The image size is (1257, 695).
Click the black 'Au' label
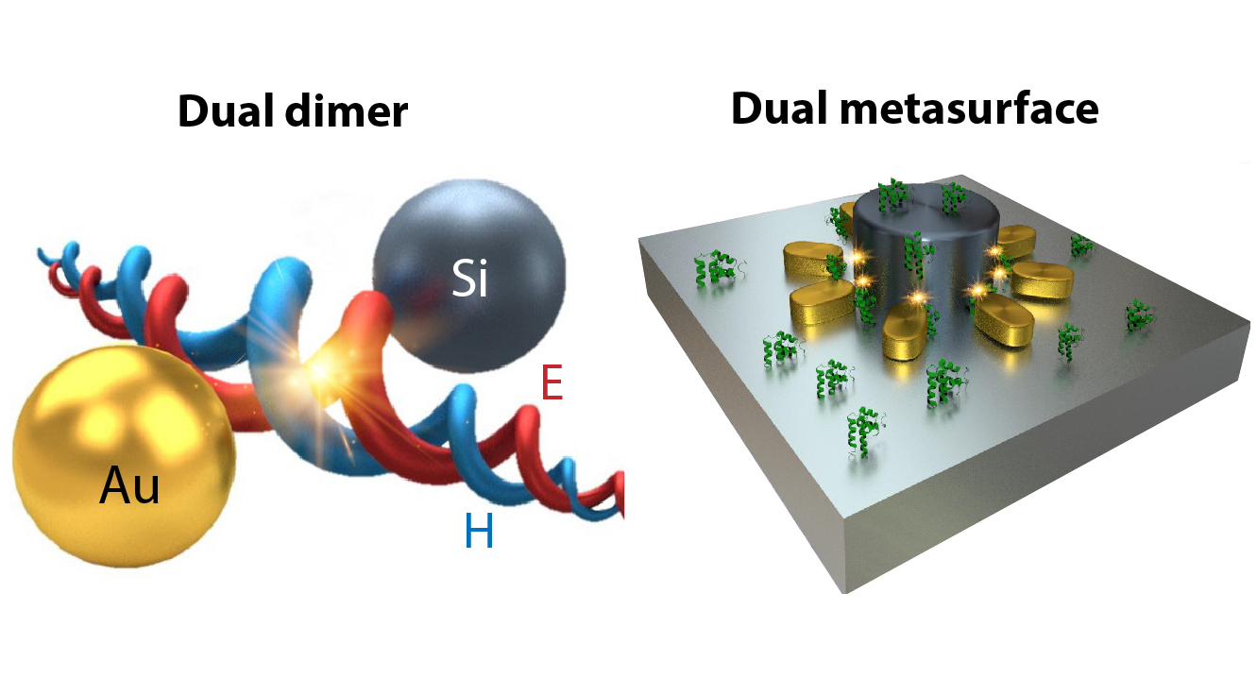[x=130, y=487]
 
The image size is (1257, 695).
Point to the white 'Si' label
[x=469, y=280]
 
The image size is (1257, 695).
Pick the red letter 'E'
[x=552, y=383]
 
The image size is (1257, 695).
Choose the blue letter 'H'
[x=479, y=534]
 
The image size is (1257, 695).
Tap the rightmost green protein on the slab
[x=1139, y=315]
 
